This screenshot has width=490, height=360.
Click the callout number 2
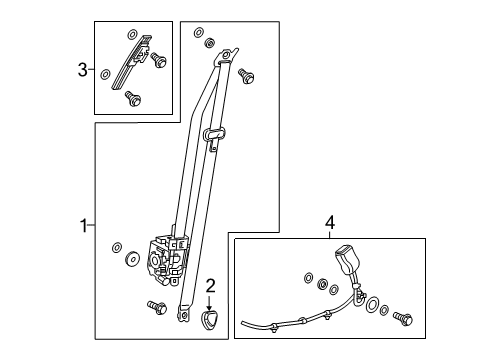209,287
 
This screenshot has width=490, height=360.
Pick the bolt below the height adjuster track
133,98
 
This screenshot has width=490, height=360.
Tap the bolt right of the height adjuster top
157,62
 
